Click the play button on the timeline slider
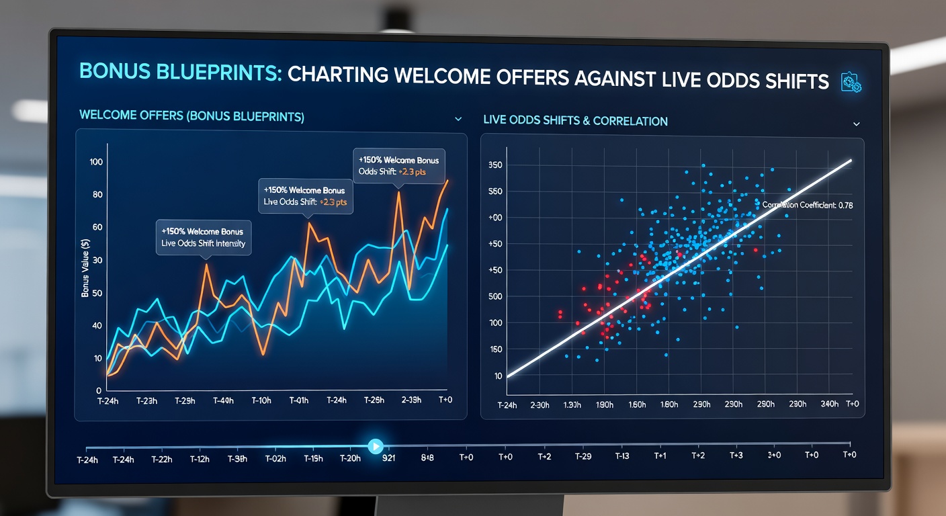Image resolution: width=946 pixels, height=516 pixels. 376,445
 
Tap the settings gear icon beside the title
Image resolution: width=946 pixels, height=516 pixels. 851,83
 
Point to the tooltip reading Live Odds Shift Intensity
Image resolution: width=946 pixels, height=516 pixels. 204,243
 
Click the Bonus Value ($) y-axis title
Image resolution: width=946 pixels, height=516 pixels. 85,269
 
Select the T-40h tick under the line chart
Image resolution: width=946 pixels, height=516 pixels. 223,400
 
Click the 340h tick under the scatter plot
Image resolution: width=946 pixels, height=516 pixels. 829,404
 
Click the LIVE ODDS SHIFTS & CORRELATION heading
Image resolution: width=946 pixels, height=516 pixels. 575,121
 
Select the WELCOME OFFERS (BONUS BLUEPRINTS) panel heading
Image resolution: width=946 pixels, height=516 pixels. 191,116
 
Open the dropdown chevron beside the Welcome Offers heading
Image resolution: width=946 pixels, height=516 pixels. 458,119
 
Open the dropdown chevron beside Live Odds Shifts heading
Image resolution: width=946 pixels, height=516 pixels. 856,124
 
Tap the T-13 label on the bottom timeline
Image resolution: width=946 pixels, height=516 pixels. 622,456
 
